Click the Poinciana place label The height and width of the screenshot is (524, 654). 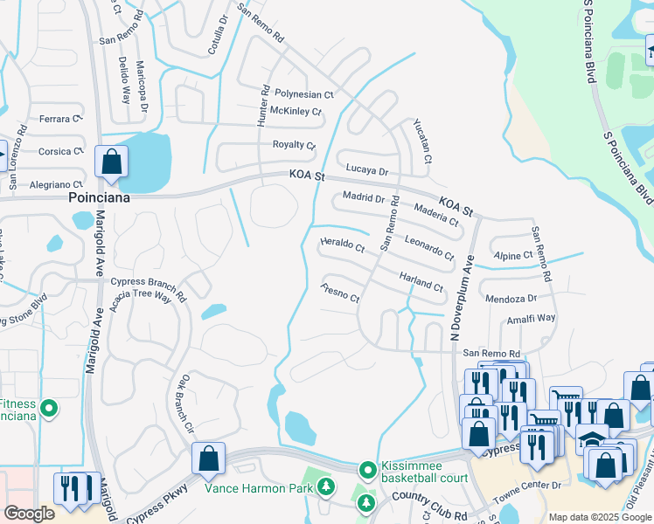(x=99, y=198)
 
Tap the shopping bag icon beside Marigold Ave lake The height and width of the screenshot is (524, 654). (x=112, y=162)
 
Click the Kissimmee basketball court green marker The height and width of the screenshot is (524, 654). (x=368, y=470)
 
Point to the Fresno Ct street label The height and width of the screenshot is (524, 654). (x=341, y=293)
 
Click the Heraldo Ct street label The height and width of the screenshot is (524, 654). (x=343, y=246)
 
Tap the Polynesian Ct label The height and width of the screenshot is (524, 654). (x=304, y=93)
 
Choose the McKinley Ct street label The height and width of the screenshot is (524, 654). (x=296, y=112)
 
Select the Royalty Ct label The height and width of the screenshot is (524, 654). (x=294, y=145)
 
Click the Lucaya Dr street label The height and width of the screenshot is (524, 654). (x=366, y=169)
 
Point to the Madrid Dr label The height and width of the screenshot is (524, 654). (x=364, y=197)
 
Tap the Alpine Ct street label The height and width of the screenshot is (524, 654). (x=515, y=255)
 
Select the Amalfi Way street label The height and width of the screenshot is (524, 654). (x=532, y=320)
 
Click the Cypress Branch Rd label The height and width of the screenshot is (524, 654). (x=149, y=289)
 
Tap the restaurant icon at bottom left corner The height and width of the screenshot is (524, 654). (x=66, y=490)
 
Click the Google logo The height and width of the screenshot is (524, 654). (x=28, y=514)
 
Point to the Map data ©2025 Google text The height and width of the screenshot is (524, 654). (x=600, y=517)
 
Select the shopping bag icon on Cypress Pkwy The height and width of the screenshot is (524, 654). (x=210, y=458)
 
